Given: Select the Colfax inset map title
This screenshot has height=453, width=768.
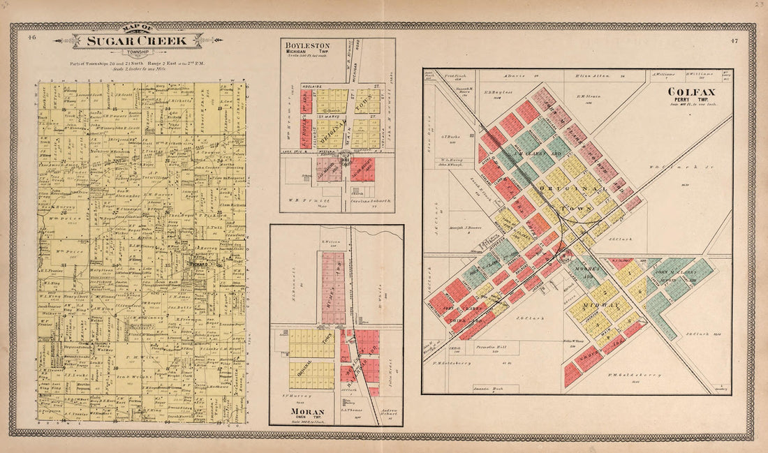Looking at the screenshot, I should tap(690, 92).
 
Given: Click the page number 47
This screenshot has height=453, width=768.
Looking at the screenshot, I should tap(734, 41).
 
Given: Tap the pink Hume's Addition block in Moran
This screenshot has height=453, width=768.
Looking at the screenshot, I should tap(333, 286).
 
